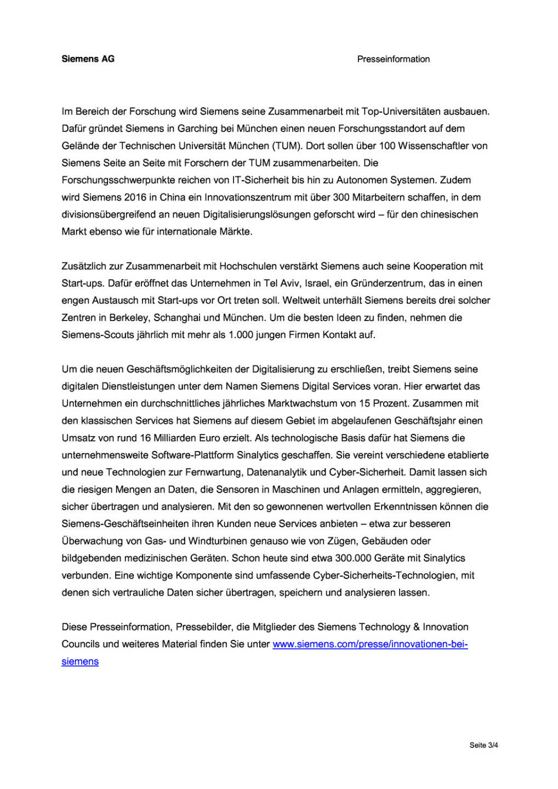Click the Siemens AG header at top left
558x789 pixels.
(x=88, y=59)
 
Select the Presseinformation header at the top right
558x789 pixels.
(x=393, y=59)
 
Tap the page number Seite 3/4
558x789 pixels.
(x=483, y=745)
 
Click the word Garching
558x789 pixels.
(x=197, y=129)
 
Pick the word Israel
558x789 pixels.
(x=313, y=283)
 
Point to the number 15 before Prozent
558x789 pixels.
(x=365, y=403)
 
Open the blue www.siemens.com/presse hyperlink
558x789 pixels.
(x=370, y=644)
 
